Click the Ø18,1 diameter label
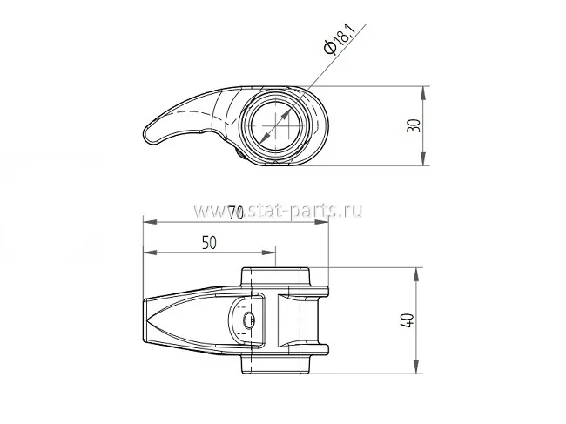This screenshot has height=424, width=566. click(x=340, y=38)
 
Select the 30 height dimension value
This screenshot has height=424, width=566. click(x=414, y=125)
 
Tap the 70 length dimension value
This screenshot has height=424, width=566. click(x=236, y=213)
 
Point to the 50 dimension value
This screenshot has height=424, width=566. click(x=209, y=243)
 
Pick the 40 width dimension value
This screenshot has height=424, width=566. click(x=408, y=320)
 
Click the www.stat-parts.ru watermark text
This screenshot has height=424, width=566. click(x=278, y=211)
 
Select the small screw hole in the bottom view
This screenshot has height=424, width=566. click(x=248, y=320)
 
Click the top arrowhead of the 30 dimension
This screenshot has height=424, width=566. click(x=423, y=93)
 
